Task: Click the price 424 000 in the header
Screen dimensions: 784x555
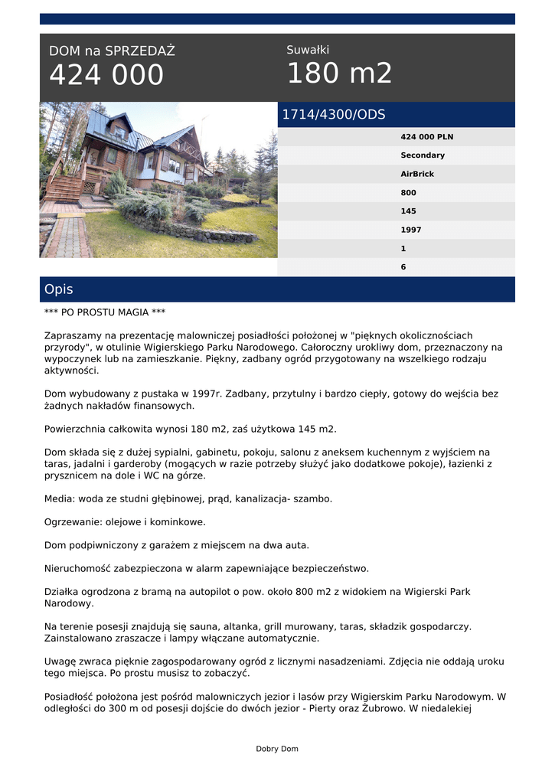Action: coord(106,75)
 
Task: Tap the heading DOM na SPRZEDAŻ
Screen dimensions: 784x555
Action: coord(112,51)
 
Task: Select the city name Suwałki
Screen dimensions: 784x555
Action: coord(308,50)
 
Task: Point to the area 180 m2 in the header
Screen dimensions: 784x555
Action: coord(339,73)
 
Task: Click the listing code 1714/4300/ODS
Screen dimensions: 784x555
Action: coord(334,115)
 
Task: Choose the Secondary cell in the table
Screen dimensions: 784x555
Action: coord(422,155)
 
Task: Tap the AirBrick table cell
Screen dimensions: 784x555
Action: coord(417,174)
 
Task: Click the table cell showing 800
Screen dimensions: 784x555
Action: coord(409,193)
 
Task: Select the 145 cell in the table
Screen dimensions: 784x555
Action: coord(409,211)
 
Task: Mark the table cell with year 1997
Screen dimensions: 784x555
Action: coord(411,230)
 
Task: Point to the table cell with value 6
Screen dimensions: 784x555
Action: coord(403,267)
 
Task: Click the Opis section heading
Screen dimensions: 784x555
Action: coord(59,289)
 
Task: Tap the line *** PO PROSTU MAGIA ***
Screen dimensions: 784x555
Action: coord(105,312)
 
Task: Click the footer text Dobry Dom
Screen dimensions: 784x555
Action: coord(277,749)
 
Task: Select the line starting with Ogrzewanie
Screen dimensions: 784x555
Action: coord(125,522)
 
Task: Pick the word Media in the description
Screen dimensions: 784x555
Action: coord(59,498)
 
